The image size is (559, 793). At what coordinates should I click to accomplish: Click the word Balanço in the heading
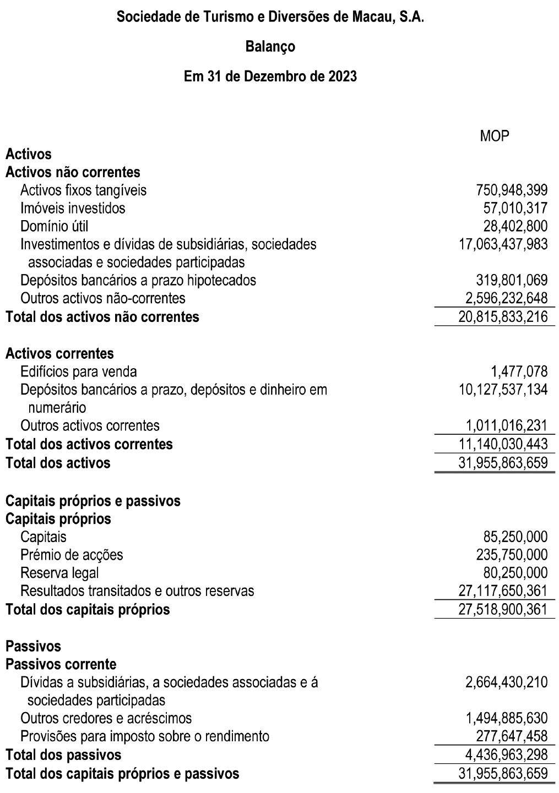coord(270,47)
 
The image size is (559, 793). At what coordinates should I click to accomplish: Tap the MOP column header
coord(494,136)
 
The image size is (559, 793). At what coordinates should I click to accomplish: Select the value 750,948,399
coord(512,190)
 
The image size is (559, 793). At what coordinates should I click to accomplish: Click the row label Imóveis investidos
coord(73,208)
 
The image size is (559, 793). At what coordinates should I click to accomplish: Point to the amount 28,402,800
coord(516,226)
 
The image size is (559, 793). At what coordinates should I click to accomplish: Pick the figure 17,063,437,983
coord(503,244)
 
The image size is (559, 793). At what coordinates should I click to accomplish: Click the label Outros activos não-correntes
coord(103,298)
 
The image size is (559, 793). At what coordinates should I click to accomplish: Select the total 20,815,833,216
coord(503,316)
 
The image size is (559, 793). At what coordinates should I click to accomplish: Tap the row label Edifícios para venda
coord(79,371)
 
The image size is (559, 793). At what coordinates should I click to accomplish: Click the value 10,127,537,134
coord(503,390)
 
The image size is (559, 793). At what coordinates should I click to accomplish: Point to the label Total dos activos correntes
coord(89,444)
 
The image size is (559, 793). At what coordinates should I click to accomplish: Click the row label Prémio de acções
coord(72,555)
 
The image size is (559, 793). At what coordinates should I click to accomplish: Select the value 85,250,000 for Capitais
coord(516,537)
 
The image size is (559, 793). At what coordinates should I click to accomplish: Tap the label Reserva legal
coord(59,573)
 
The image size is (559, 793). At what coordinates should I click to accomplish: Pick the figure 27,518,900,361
coord(503,609)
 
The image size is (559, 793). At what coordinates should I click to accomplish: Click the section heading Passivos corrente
coord(61,664)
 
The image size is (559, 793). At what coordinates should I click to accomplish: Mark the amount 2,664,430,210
coord(507,682)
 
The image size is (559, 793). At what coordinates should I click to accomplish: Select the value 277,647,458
coord(512,736)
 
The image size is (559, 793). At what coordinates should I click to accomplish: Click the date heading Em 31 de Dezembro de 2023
coord(270,76)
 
